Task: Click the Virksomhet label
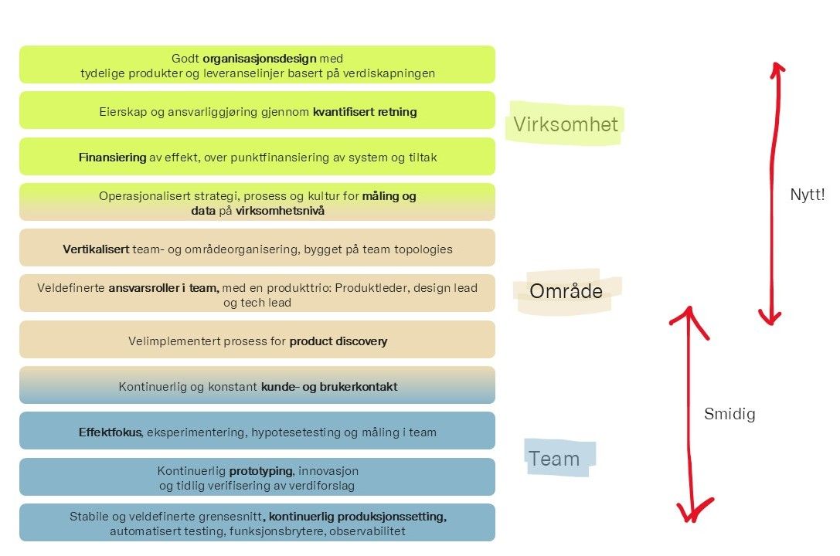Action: coord(566,124)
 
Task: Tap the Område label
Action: coord(566,290)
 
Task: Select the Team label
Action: coord(554,459)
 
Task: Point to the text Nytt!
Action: coord(808,195)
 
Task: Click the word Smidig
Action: coord(729,414)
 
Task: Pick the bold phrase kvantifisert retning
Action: coord(365,112)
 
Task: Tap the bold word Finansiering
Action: coord(112,158)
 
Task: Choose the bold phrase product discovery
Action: coord(338,341)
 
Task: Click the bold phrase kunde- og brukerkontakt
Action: coord(329,387)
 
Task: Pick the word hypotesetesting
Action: coord(292,432)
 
